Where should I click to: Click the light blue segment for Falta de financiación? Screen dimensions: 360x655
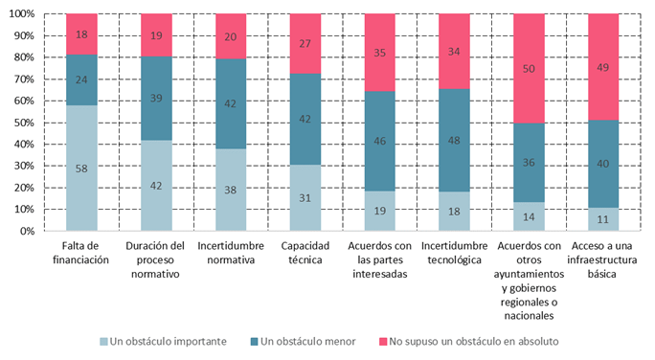(x=81, y=168)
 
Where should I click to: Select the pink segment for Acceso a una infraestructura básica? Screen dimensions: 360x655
(x=603, y=67)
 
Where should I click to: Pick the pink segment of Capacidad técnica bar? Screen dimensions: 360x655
(x=305, y=42)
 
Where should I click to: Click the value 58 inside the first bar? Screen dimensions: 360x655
(x=81, y=168)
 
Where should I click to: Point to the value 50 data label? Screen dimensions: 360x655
(x=529, y=68)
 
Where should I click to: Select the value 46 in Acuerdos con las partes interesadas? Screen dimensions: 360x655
(x=379, y=141)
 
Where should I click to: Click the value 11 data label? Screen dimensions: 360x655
(x=603, y=219)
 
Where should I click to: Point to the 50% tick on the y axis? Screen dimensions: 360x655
(x=25, y=123)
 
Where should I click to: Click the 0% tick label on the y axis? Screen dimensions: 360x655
(x=28, y=231)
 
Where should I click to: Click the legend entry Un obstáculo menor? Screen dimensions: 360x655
(x=304, y=340)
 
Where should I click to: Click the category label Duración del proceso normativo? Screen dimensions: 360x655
(x=156, y=259)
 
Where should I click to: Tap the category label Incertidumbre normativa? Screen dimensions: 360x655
(x=230, y=253)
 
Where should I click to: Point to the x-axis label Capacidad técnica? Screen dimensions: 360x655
(x=305, y=253)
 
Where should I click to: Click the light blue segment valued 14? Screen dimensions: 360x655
(x=529, y=216)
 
